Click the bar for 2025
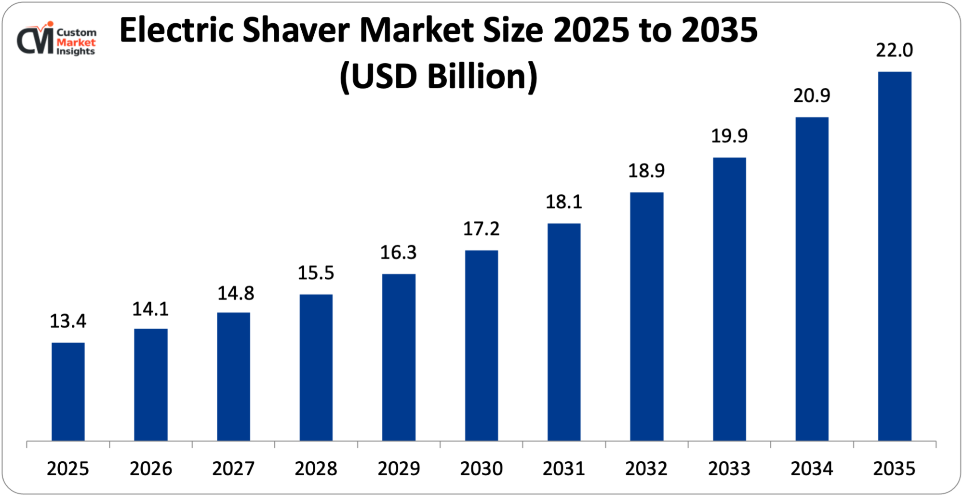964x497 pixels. [x=68, y=391]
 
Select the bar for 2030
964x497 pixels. [x=482, y=345]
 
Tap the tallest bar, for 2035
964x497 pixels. [x=895, y=256]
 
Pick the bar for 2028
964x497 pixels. [x=316, y=367]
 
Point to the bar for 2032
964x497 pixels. [x=646, y=316]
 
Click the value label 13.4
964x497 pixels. [x=68, y=321]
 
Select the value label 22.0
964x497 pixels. [x=894, y=50]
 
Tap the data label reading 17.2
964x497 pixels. [x=481, y=229]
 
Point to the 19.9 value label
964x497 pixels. [x=729, y=136]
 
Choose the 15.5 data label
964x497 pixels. [x=316, y=273]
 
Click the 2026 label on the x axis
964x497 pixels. [x=150, y=469]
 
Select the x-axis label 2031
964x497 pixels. [x=563, y=469]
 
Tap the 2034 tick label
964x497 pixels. [x=812, y=469]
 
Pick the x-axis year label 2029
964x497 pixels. [x=399, y=469]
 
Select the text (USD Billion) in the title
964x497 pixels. [x=438, y=76]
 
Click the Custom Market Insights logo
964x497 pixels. [x=57, y=40]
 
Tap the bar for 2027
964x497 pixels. [x=233, y=376]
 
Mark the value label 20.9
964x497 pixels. [x=812, y=96]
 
